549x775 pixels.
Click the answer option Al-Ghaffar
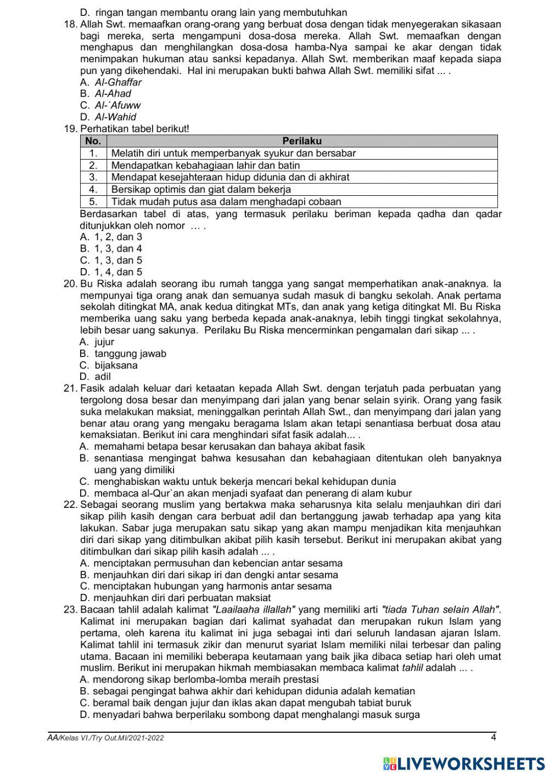[x=117, y=82]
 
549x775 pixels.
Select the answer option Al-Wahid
[x=115, y=117]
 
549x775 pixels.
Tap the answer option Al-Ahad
[x=113, y=94]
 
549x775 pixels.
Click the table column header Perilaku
[x=302, y=141]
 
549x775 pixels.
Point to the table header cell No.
[x=93, y=141]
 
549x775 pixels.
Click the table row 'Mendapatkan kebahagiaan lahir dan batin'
[x=205, y=165]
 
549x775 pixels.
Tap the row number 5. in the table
[x=93, y=201]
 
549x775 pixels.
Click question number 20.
[x=70, y=284]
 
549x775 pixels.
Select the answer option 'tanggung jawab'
[x=130, y=354]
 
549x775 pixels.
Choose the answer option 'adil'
[x=102, y=377]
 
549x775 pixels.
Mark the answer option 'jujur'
[x=104, y=342]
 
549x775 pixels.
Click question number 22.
[x=70, y=505]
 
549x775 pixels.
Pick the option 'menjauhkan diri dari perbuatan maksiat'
[x=182, y=598]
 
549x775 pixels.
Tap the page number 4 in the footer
[x=493, y=737]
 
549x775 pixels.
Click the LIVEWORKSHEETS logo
[x=464, y=763]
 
